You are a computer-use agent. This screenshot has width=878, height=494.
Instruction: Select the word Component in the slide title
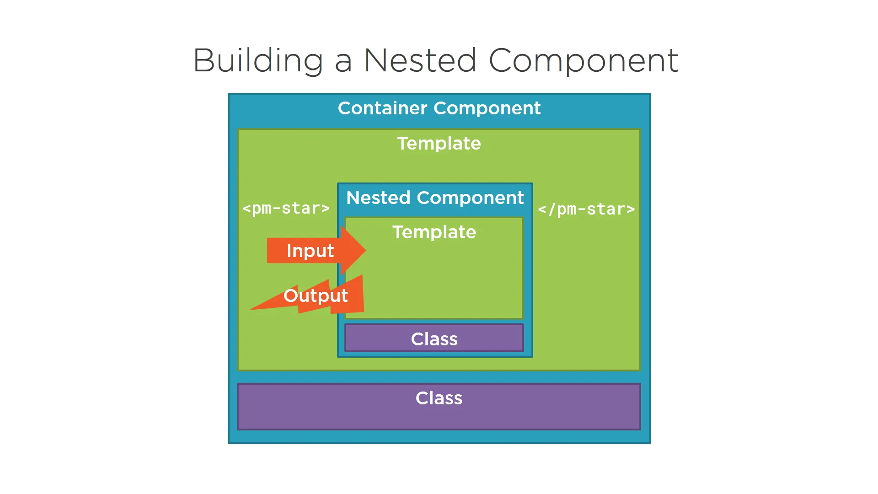pos(584,61)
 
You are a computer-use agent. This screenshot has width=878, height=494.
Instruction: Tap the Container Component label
pos(439,108)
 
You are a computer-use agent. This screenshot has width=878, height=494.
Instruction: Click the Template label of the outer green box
pos(439,144)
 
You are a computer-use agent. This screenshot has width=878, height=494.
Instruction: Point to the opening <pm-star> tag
pos(286,209)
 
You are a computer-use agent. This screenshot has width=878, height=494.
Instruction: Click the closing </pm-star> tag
pos(586,209)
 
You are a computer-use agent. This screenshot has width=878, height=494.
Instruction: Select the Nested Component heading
pos(435,198)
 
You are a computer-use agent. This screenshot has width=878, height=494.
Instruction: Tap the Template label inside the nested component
pos(434,232)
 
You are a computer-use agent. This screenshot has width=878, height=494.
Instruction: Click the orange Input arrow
pos(316,251)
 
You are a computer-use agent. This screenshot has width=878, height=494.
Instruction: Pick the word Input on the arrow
pos(310,251)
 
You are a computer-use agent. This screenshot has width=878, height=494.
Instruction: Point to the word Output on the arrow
pos(316,296)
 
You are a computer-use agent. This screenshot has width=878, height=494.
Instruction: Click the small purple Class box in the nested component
pos(434,338)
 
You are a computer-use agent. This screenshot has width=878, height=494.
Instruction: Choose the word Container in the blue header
pos(383,108)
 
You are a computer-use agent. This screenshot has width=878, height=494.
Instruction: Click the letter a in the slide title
pos(343,63)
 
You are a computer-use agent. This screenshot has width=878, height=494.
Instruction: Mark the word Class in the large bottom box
pos(439,398)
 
